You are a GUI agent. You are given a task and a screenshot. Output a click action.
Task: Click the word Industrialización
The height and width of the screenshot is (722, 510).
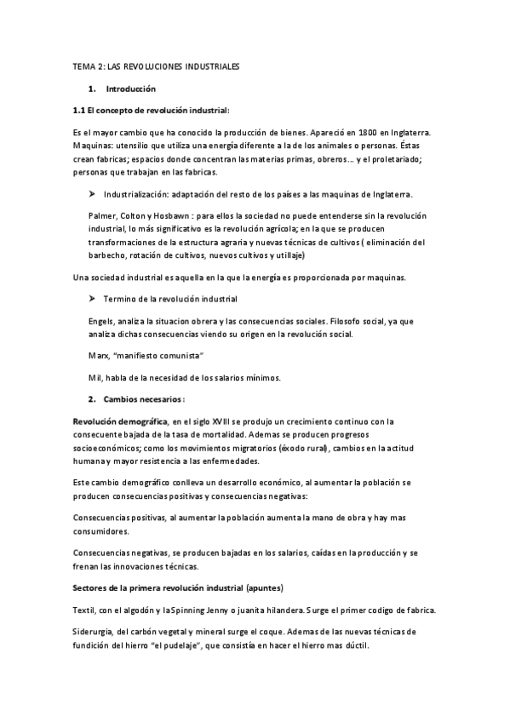click(x=137, y=195)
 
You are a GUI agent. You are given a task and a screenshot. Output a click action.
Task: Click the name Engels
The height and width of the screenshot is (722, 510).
click(x=102, y=323)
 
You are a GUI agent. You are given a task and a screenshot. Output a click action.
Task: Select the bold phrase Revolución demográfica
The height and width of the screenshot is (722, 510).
click(x=120, y=422)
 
